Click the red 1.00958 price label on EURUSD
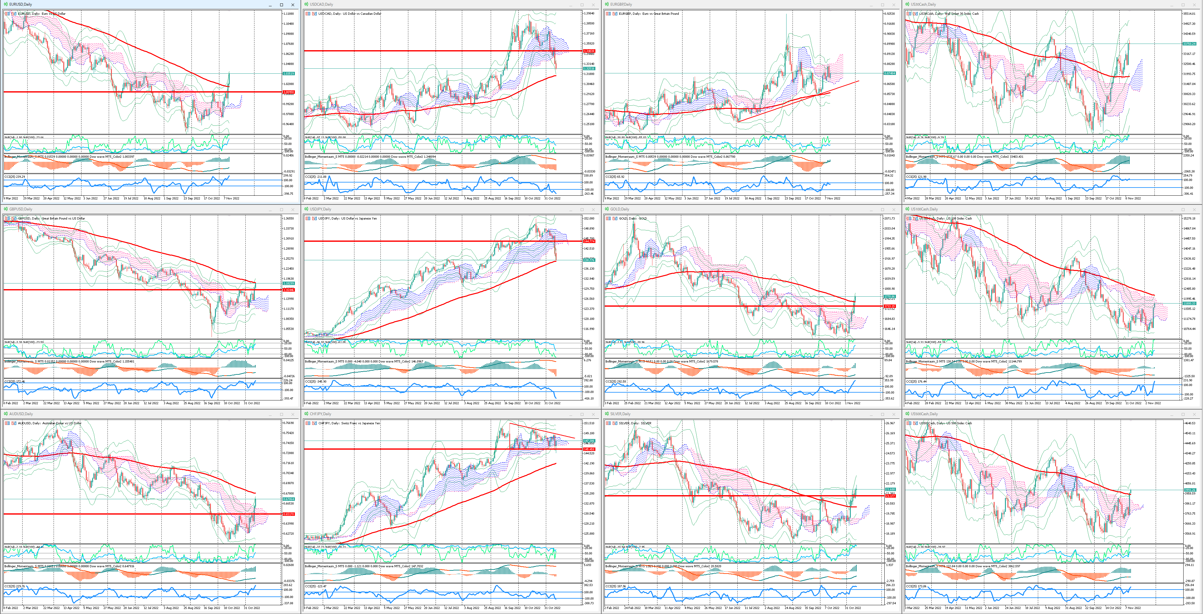[x=288, y=92]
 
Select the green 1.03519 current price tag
[x=288, y=73]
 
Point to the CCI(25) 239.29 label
[x=14, y=177]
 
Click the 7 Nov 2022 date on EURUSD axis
[x=232, y=198]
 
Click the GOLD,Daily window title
[x=619, y=209]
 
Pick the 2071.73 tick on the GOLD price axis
[x=889, y=218]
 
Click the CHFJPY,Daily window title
[x=320, y=414]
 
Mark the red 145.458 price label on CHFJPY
[x=589, y=449]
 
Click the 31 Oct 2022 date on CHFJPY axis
[x=552, y=607]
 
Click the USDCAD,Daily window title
[x=321, y=4]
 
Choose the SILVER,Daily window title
[x=620, y=414]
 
